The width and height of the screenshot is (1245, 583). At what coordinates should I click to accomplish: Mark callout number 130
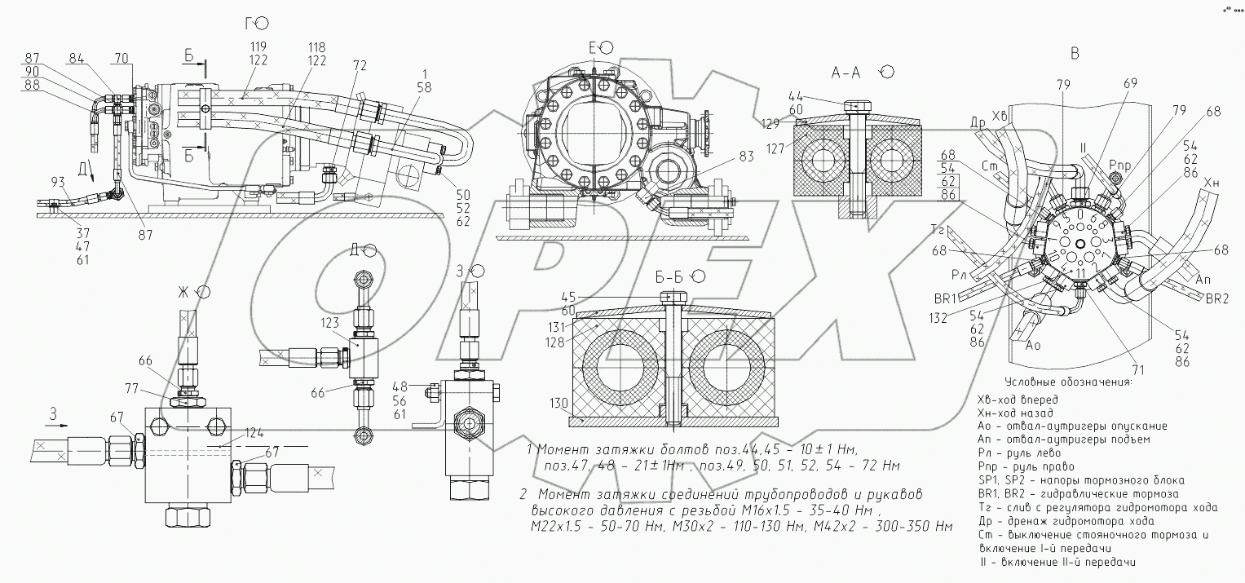(558, 403)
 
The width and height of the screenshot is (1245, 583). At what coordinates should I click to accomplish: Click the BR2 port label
(1216, 299)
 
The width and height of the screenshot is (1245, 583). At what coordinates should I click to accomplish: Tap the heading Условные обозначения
(1070, 382)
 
